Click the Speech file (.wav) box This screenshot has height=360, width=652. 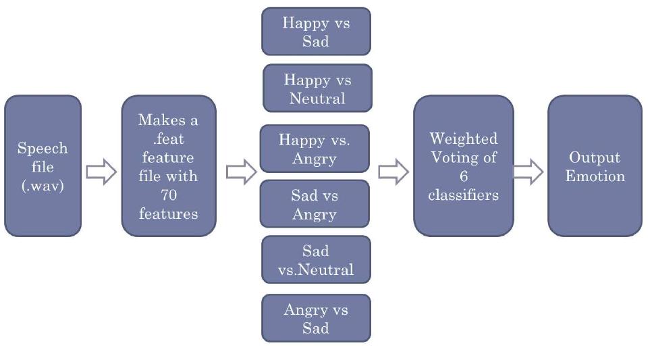click(x=43, y=166)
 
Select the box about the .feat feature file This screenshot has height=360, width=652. click(x=168, y=166)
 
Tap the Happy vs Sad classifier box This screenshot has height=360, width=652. click(x=316, y=31)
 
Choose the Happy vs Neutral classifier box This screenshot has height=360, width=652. click(x=317, y=88)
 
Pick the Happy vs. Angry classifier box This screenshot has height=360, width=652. click(x=315, y=149)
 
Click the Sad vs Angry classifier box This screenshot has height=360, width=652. click(x=315, y=204)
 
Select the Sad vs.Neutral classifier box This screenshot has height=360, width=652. click(x=316, y=260)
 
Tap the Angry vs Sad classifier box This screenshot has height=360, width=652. click(x=316, y=318)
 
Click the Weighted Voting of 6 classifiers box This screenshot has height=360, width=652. click(x=464, y=166)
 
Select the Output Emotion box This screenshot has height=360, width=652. click(x=595, y=166)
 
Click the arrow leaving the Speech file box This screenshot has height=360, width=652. click(x=101, y=173)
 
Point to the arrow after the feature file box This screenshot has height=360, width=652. click(x=241, y=173)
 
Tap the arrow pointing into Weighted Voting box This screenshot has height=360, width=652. click(x=393, y=173)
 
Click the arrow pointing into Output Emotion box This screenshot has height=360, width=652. click(x=528, y=173)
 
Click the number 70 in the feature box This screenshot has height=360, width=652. click(x=168, y=195)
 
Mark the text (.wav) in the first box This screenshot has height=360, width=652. click(x=43, y=186)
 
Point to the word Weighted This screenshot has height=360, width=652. click(x=464, y=139)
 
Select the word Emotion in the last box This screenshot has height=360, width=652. click(x=595, y=176)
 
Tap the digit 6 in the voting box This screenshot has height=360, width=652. click(x=464, y=177)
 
